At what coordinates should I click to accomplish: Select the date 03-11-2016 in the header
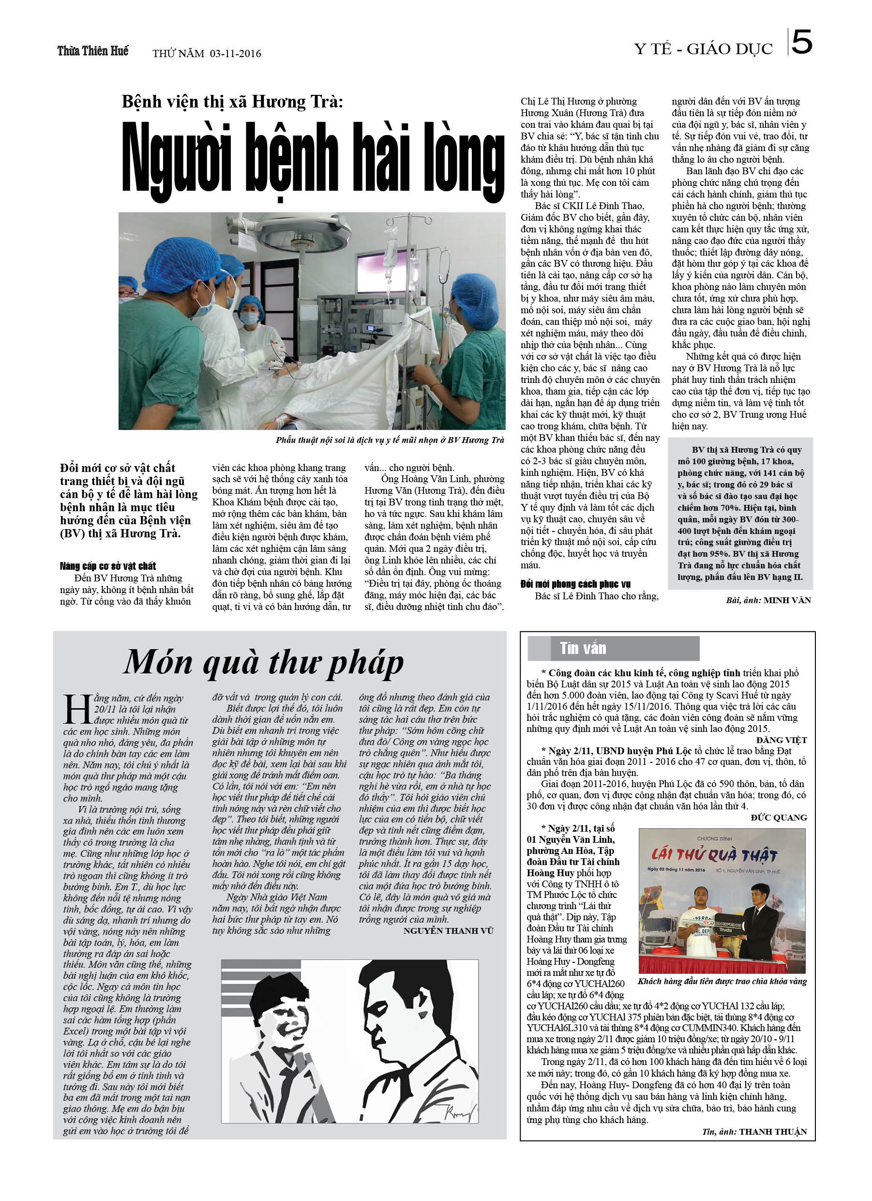pos(235,53)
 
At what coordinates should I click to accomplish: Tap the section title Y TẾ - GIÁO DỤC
pos(703,49)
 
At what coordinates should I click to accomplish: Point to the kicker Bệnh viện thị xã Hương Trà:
pos(232,101)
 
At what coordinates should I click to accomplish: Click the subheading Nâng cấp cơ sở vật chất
pos(108,566)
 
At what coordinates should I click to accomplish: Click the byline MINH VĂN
pos(787,600)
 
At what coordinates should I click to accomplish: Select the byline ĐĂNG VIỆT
pos(781,740)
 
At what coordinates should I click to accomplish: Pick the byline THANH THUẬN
pos(773,1132)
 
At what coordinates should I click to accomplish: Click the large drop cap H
pos(77,709)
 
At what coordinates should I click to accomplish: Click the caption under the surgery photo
pos(390,440)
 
